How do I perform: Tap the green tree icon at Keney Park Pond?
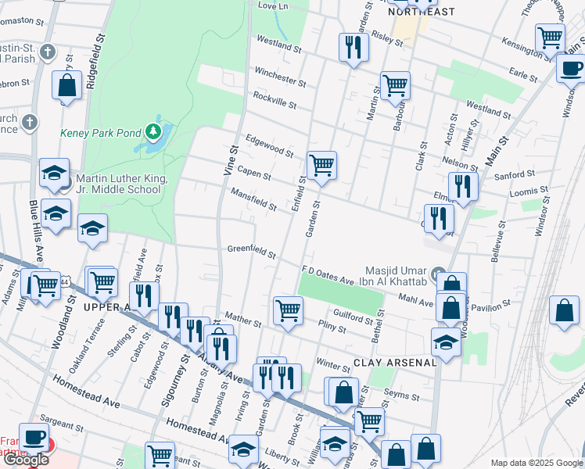tap(155, 130)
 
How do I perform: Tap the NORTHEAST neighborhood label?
tap(422, 12)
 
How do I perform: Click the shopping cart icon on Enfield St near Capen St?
tap(321, 165)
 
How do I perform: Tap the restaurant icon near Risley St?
tap(354, 47)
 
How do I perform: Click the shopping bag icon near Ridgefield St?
tap(67, 85)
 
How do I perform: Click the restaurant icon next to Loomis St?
tap(463, 186)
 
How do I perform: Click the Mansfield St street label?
tap(253, 199)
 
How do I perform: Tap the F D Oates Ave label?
tap(328, 276)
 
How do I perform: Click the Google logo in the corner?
tap(25, 460)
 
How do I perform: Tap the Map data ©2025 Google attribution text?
tap(537, 462)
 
